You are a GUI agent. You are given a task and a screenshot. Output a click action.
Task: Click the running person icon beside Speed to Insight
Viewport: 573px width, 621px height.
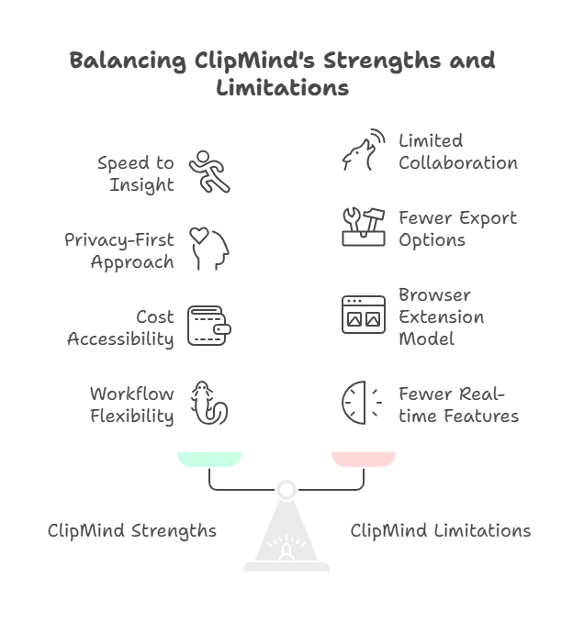[209, 172]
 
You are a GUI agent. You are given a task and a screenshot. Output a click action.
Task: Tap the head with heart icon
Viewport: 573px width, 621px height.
[209, 249]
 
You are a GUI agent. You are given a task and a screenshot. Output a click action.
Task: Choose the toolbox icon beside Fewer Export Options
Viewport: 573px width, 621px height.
[363, 227]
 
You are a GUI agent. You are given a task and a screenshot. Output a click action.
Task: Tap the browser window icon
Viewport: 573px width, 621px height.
[363, 315]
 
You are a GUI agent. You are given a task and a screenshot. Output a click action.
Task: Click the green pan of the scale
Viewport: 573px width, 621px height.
[209, 459]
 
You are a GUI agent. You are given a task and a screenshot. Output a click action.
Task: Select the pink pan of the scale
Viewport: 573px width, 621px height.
[364, 459]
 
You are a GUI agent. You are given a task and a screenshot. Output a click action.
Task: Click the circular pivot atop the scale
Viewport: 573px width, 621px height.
[286, 490]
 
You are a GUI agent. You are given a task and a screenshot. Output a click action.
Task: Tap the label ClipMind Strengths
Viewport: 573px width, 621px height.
[132, 531]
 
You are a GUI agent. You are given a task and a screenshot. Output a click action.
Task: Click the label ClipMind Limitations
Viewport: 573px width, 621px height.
[441, 531]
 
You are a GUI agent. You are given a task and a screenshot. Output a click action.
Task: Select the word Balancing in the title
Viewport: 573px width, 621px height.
[128, 61]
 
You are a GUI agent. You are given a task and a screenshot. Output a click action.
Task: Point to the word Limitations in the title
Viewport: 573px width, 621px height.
[283, 89]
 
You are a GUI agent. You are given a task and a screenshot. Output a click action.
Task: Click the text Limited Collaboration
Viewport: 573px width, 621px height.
[457, 151]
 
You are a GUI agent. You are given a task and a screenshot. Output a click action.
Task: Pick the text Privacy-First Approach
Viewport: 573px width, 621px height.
[119, 250]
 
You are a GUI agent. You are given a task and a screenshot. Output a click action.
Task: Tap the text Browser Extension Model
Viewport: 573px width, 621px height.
[441, 316]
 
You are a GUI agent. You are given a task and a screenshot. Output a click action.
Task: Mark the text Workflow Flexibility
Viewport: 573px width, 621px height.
[131, 405]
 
